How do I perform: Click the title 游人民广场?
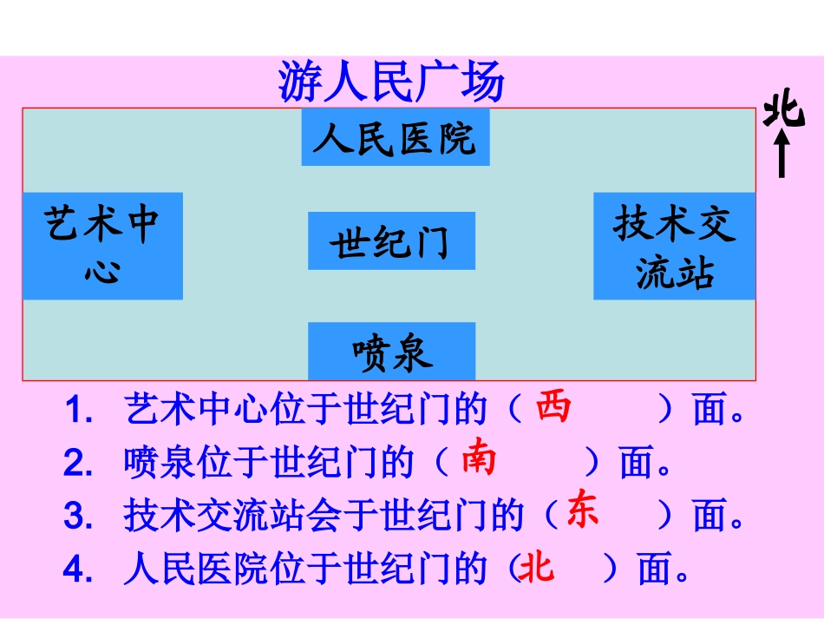[x=390, y=82]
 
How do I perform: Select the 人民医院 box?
[x=395, y=137]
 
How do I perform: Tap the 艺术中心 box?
[x=102, y=246]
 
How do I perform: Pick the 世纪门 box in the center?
[x=391, y=240]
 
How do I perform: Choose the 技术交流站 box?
[x=674, y=246]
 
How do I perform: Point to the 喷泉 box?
[x=392, y=351]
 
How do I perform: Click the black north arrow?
[x=781, y=154]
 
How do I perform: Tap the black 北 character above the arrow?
[x=783, y=111]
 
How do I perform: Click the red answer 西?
[x=553, y=406]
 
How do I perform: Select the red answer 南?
[x=479, y=457]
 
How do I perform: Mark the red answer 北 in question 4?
[x=535, y=570]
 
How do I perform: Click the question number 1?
[x=77, y=411]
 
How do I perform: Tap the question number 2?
[x=77, y=464]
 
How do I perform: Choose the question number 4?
[x=77, y=570]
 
